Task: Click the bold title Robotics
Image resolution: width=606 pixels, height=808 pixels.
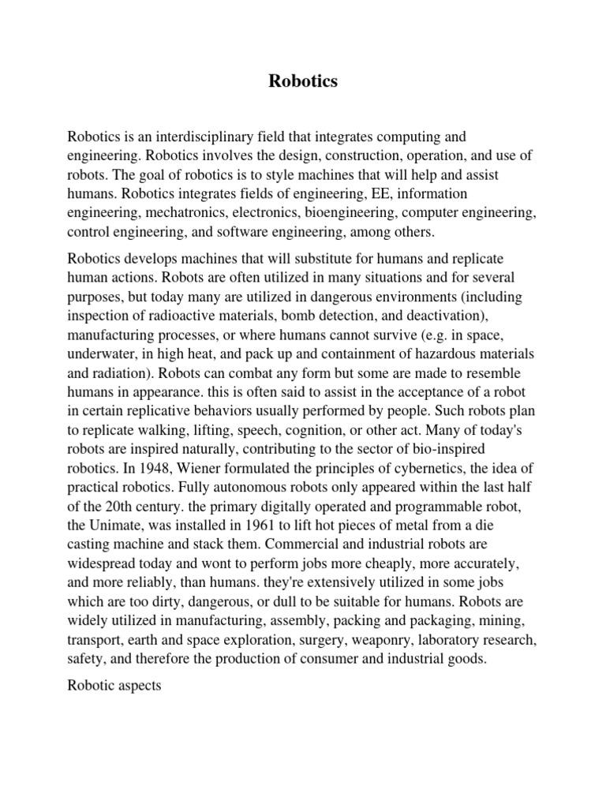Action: (x=303, y=81)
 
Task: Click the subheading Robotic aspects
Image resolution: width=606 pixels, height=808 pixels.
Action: (x=114, y=686)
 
